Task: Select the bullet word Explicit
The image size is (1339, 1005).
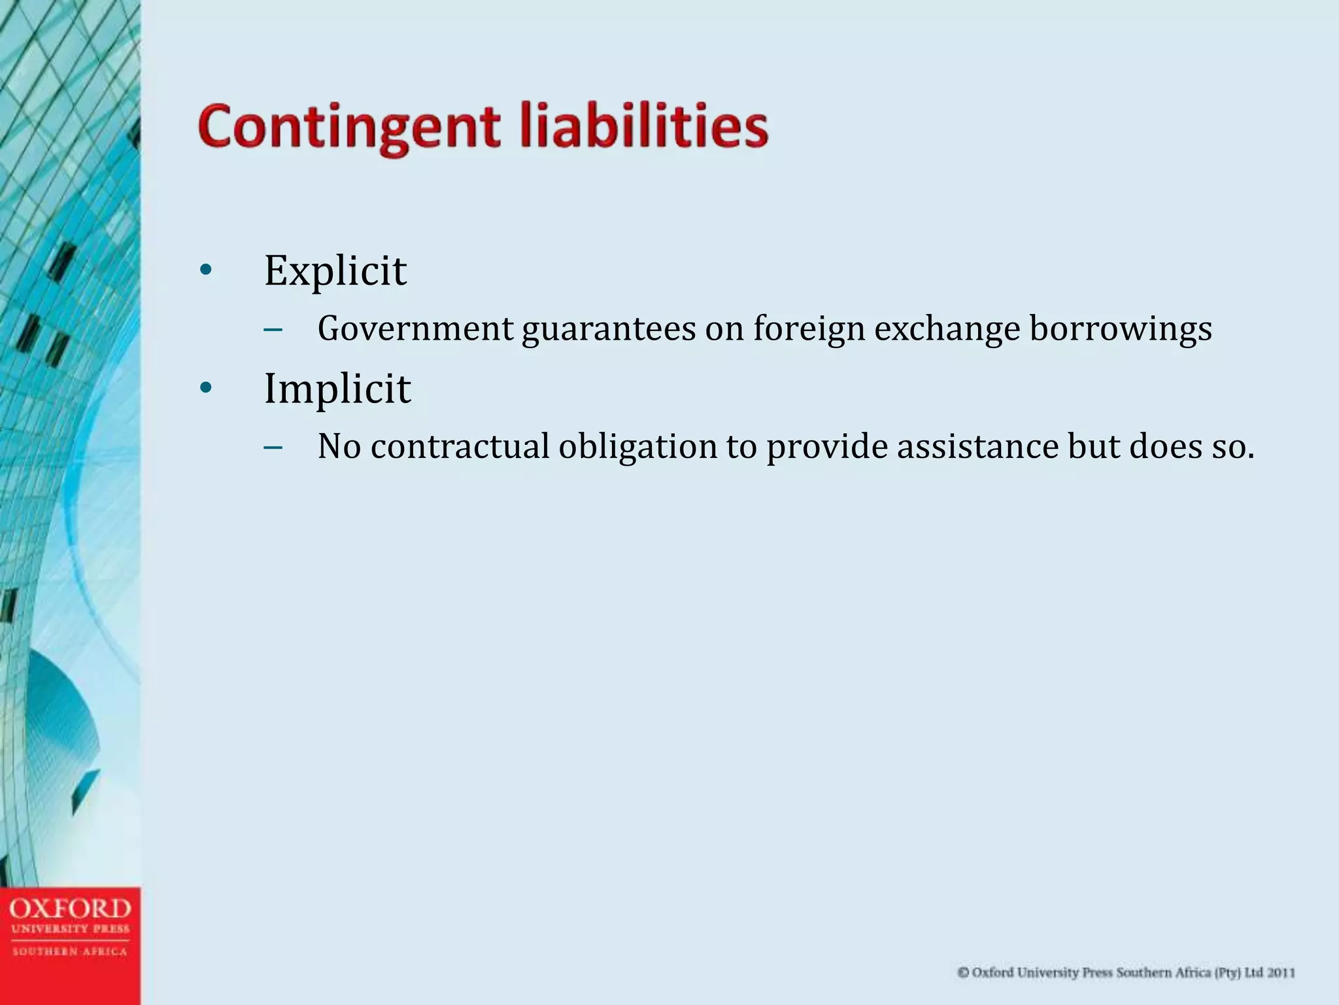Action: (335, 271)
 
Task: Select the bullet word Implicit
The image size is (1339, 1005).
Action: (337, 389)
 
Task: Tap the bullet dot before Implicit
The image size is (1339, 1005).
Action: (206, 389)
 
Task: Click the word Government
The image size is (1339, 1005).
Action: (415, 328)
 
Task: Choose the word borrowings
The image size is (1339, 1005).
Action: (1121, 328)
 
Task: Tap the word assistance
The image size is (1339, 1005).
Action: (977, 447)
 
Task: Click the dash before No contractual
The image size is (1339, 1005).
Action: (273, 448)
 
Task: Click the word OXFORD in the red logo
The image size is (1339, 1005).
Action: (70, 909)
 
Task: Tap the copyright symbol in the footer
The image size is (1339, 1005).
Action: (963, 973)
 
